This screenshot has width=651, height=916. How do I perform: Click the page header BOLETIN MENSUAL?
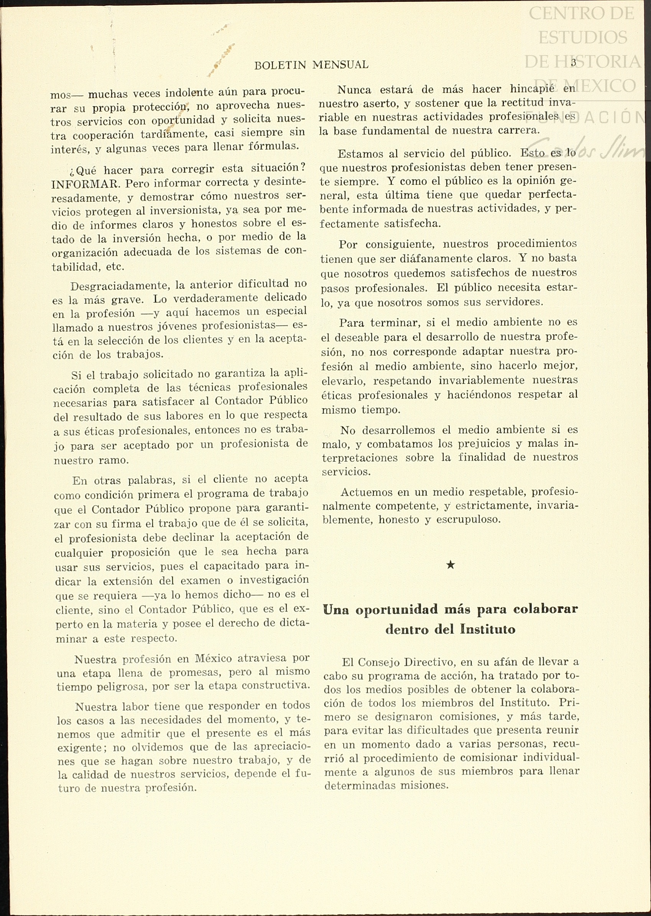[311, 65]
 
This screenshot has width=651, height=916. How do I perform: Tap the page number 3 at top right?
[573, 62]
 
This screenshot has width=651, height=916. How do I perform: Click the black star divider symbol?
[450, 565]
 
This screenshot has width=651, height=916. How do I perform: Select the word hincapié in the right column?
[527, 88]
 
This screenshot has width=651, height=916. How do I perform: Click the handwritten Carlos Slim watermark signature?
[585, 150]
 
